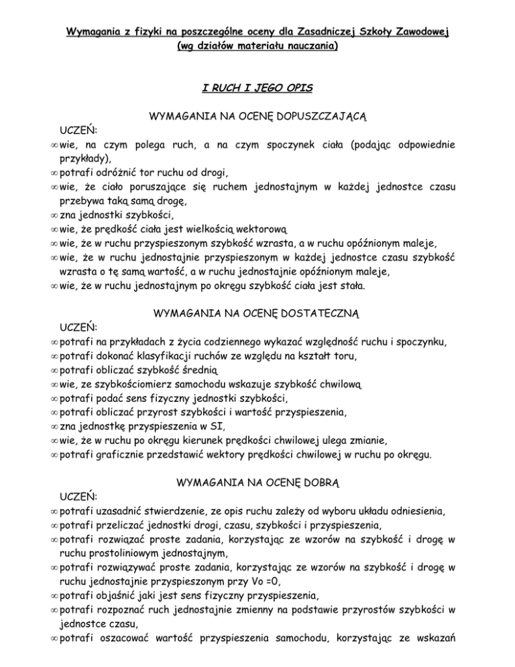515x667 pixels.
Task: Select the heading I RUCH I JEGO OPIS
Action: pos(257,88)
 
